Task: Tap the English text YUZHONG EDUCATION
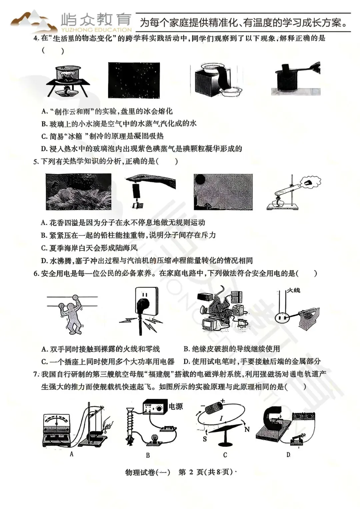point(97,30)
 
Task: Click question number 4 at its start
point(36,38)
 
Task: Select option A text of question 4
point(107,111)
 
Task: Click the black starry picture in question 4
point(134,80)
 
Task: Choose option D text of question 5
point(147,261)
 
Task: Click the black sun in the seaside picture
point(200,179)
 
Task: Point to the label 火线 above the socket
point(293,290)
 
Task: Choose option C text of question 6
point(108,362)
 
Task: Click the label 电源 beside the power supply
point(176,406)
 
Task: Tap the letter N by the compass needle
point(247,429)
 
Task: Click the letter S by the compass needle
point(205,439)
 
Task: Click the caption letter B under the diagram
point(148,455)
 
